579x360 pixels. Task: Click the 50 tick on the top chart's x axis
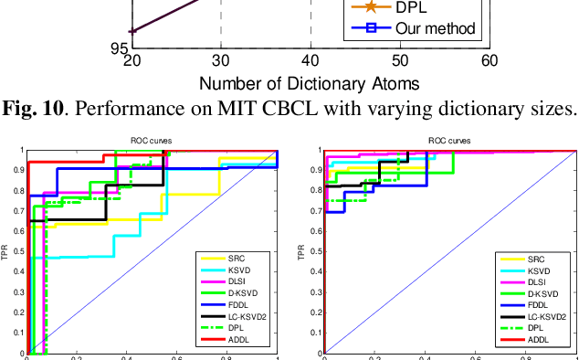[x=400, y=60]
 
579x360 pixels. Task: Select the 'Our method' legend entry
[x=436, y=28]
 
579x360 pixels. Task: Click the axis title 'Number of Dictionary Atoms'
[x=310, y=83]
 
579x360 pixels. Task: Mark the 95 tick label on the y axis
[x=120, y=48]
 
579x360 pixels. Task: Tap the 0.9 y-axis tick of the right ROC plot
[x=317, y=170]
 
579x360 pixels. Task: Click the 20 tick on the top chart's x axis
[x=132, y=60]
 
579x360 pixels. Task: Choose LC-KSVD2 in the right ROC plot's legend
[x=544, y=316]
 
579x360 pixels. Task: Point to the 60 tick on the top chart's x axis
[x=490, y=60]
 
